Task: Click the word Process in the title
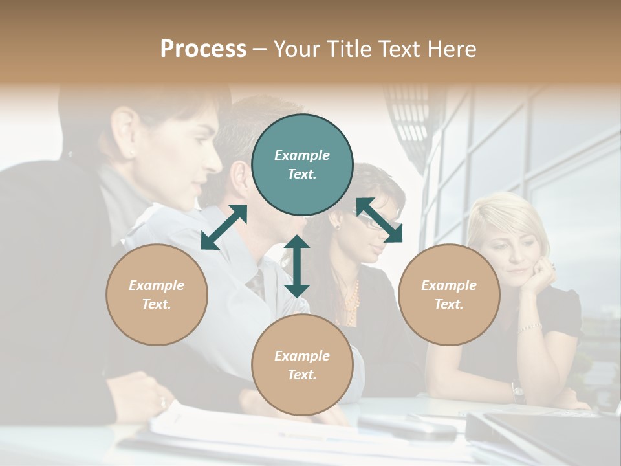203,49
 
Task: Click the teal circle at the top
302,165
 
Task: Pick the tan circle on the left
157,294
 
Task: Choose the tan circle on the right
449,294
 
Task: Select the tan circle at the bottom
302,365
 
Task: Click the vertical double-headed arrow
297,266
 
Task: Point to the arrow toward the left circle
224,227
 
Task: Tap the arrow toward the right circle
379,220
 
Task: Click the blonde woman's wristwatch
517,390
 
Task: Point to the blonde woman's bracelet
529,327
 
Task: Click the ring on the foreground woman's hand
162,403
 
